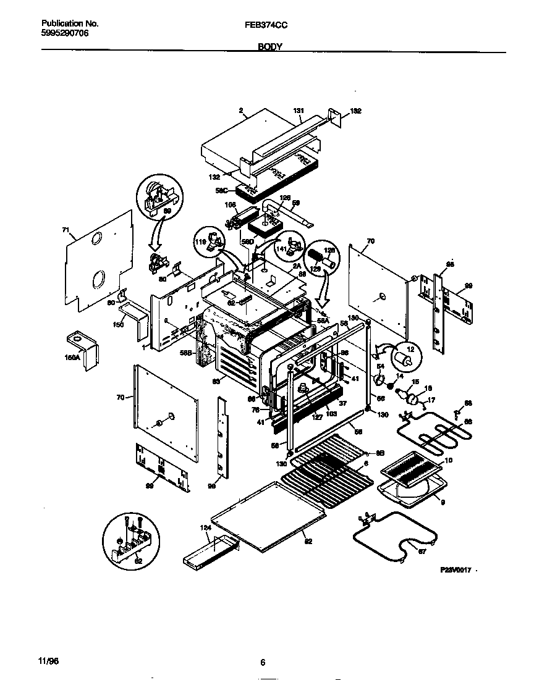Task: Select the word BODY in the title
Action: click(x=269, y=47)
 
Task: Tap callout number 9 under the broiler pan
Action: click(x=443, y=502)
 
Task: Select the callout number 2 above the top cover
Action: click(x=239, y=111)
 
